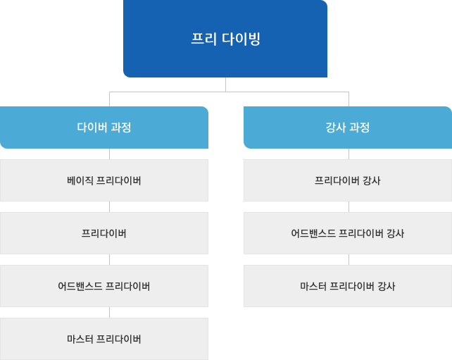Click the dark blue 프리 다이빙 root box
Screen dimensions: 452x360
[225, 39]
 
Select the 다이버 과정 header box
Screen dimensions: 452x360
[104, 128]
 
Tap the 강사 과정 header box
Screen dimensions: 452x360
[348, 128]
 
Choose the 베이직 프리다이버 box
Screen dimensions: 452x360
[104, 180]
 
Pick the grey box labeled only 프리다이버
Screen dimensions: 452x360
[104, 233]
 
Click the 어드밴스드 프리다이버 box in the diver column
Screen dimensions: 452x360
[104, 286]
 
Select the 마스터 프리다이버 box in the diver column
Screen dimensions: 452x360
[104, 339]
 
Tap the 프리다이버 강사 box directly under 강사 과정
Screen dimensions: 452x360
[348, 180]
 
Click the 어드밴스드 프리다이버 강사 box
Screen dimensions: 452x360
[348, 233]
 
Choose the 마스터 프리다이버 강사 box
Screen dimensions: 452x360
[348, 286]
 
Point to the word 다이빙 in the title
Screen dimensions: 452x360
[241, 39]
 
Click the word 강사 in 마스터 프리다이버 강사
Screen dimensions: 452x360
[387, 286]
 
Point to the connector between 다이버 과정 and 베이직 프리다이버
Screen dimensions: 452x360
[110, 154]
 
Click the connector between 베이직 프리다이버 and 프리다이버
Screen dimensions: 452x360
[110, 207]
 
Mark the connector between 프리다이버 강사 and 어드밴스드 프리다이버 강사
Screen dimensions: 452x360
[349, 207]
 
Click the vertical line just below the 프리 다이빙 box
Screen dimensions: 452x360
[225, 85]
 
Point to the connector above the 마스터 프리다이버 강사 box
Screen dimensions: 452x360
[349, 260]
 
